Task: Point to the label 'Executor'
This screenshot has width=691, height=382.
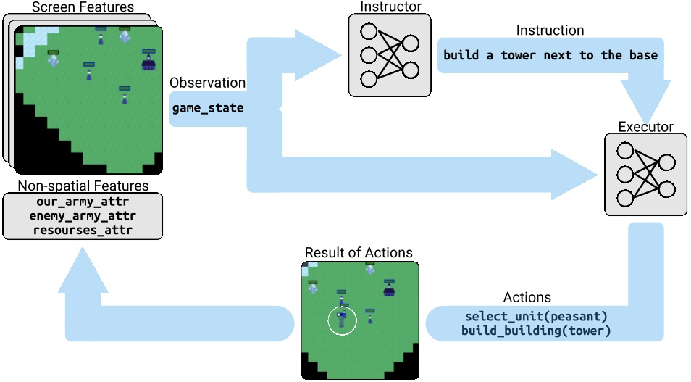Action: click(645, 127)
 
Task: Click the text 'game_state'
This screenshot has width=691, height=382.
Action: click(208, 108)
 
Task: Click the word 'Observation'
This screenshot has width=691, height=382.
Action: click(208, 83)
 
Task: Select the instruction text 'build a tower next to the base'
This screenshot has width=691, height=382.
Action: click(550, 55)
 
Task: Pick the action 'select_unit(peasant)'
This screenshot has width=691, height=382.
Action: click(536, 317)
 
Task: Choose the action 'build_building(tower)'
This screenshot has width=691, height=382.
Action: click(536, 331)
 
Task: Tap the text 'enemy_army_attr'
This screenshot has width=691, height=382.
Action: click(83, 216)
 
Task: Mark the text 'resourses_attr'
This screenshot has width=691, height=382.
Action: click(83, 231)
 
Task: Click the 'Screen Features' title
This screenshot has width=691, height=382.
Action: click(83, 7)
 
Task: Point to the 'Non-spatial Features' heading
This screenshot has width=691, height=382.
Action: click(83, 186)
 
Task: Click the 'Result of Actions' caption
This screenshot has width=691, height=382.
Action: click(359, 253)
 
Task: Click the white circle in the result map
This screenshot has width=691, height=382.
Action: click(342, 320)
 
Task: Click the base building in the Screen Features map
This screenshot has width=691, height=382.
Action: click(149, 64)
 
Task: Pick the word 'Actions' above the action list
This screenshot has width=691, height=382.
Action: click(527, 298)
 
